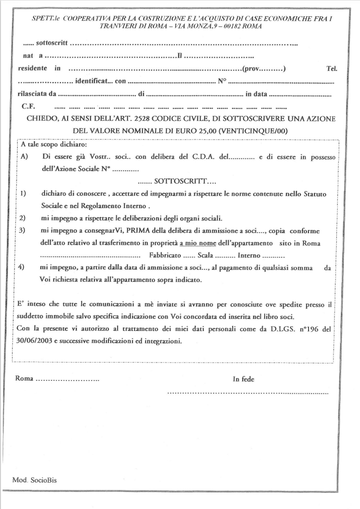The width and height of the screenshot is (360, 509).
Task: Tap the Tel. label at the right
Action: coord(332,70)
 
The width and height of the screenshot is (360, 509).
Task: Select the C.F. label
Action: coord(27,106)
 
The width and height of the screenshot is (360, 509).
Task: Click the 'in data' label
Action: coord(256,94)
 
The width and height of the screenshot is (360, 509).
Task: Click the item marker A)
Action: coord(24,157)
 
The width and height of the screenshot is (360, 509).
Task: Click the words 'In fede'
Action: coord(243,379)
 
